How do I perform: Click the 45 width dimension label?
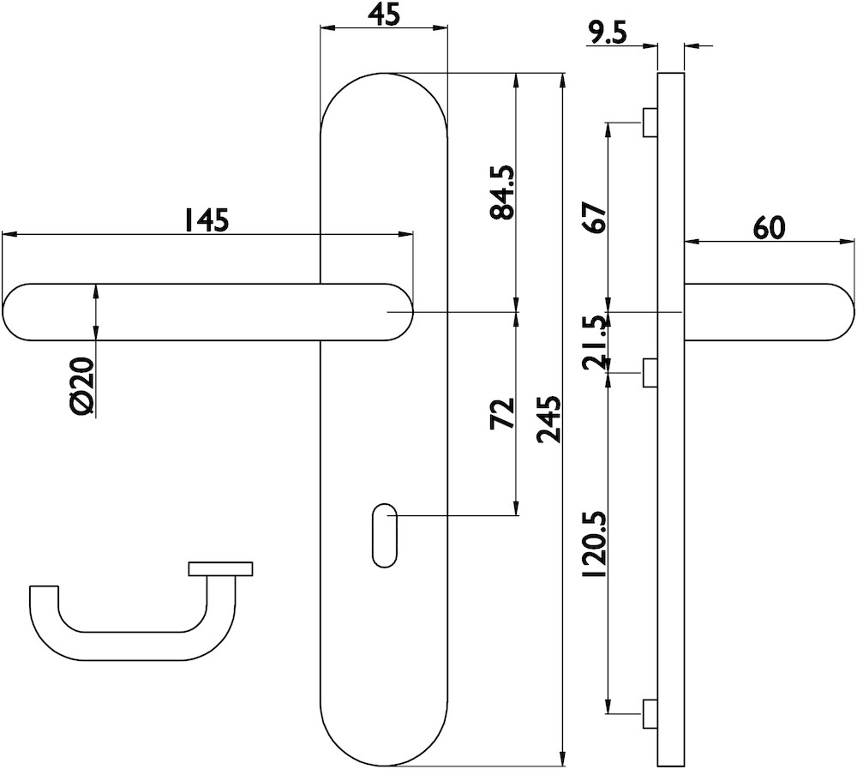point(384,15)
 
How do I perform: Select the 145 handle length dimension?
point(206,219)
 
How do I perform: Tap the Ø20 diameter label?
point(83,387)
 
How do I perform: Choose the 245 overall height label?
point(548,419)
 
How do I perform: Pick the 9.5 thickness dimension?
point(608,34)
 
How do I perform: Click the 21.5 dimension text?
point(596,343)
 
